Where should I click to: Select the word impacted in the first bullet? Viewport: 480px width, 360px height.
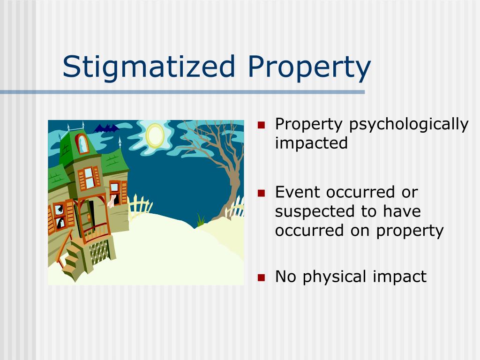pos(311,143)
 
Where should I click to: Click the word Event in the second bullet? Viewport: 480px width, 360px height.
pos(297,192)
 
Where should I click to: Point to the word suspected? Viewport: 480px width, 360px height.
pos(315,211)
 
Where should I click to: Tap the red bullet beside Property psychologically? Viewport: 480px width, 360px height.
pos(262,125)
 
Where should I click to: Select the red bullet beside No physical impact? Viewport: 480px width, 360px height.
pos(262,277)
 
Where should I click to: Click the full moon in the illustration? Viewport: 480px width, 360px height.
pos(155,135)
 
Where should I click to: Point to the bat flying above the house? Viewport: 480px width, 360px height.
pos(106,128)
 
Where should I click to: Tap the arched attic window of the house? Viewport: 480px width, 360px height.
pos(82,144)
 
